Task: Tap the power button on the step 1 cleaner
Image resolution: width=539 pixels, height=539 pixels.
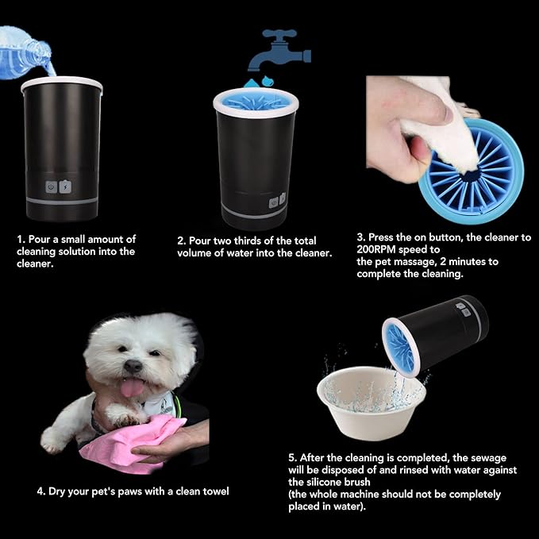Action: click(52, 187)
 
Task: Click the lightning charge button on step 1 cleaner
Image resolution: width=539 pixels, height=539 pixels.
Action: click(65, 187)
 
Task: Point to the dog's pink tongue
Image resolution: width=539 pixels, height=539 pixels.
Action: click(132, 387)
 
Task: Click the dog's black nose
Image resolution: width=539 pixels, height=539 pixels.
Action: click(133, 366)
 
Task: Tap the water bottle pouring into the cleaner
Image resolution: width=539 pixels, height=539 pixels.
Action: click(25, 53)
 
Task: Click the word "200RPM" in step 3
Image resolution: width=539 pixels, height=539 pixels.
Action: click(376, 249)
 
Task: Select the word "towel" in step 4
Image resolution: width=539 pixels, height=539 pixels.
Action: click(216, 491)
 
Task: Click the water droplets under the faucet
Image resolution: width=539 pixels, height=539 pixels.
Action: click(259, 82)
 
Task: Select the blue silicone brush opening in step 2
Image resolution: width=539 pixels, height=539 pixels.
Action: click(256, 101)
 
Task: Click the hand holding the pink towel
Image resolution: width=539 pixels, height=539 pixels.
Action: click(172, 441)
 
